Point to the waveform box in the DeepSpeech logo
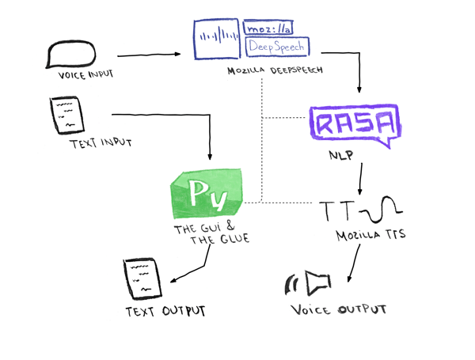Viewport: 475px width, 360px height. click(x=218, y=36)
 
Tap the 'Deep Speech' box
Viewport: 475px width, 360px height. click(x=276, y=47)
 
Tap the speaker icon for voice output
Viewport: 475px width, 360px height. click(x=312, y=281)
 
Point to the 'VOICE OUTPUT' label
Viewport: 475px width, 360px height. click(x=338, y=309)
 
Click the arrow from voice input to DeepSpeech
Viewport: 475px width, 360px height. click(x=149, y=56)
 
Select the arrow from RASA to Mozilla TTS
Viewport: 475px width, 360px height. click(x=361, y=180)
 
